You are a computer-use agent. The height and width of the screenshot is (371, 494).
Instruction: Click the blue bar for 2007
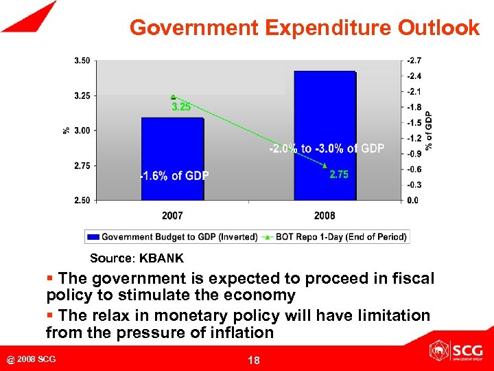click(172, 159)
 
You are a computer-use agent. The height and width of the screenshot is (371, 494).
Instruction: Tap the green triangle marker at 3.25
click(173, 97)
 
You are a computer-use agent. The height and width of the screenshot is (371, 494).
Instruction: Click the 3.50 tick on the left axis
click(81, 60)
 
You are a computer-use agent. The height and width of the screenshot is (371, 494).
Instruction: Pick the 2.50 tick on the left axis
click(81, 201)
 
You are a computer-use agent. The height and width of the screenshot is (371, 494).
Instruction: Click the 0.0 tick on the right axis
click(413, 201)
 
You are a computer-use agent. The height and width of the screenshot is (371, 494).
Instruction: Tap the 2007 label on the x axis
click(172, 216)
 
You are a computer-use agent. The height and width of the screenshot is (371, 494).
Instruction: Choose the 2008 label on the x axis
click(325, 216)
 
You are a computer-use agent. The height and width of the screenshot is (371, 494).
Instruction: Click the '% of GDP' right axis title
click(429, 131)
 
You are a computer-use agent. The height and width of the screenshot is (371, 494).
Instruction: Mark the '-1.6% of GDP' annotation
click(174, 176)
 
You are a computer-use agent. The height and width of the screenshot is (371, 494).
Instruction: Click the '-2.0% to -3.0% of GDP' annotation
click(326, 148)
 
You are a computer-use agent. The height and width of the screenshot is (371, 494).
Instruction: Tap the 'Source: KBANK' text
click(137, 259)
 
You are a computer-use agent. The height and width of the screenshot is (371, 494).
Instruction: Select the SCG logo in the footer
click(456, 352)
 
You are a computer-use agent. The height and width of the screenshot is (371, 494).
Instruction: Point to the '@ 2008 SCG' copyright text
click(32, 359)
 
